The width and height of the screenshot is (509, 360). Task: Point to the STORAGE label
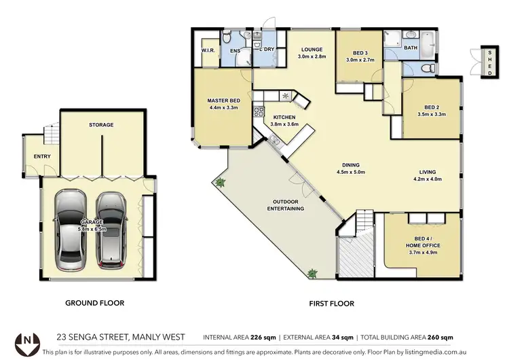(x=101, y=125)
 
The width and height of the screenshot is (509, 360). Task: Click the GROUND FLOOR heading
(x=94, y=303)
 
